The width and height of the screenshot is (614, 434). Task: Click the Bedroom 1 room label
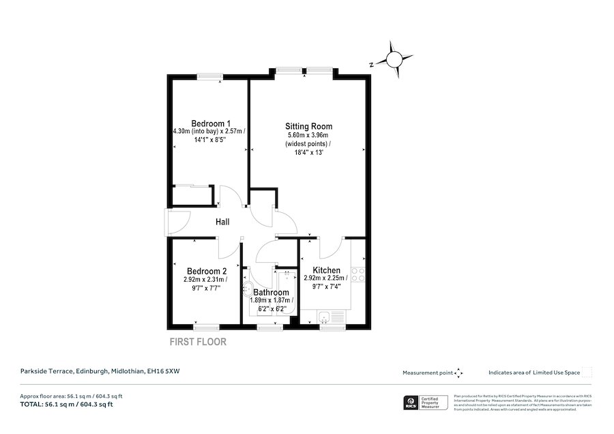point(210,123)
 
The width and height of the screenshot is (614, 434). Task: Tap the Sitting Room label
point(308,126)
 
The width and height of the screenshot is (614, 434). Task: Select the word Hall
point(222,222)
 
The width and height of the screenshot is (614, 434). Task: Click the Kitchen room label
point(325,270)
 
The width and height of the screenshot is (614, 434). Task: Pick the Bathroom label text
point(271,292)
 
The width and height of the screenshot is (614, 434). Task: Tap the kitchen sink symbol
point(332,316)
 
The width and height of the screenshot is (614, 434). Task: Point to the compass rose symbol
point(394,61)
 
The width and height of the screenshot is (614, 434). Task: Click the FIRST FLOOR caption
point(197,342)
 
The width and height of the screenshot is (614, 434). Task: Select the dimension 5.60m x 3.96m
point(308,136)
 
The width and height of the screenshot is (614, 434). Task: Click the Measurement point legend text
point(428,373)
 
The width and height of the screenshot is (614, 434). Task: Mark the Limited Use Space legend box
point(587,373)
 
